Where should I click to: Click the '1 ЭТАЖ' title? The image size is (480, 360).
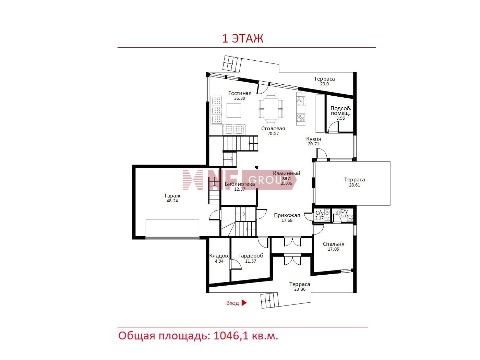242,38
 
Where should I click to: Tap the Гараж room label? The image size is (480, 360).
172,196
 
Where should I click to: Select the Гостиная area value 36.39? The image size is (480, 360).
240,98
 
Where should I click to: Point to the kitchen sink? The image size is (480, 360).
300,101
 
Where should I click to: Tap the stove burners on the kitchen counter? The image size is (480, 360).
300,118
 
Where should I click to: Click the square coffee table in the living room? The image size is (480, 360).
234,110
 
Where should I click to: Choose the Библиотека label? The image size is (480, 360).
240,184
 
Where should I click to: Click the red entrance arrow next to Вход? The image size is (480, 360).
244,303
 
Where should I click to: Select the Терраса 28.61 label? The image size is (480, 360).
355,182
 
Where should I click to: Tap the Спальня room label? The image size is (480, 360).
334,244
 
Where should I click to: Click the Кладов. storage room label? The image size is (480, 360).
219,256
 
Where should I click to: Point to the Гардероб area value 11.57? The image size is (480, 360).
251,261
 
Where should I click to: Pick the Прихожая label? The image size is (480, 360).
287,215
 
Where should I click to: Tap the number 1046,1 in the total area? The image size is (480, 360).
231,336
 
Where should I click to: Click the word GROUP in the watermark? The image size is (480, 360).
265,180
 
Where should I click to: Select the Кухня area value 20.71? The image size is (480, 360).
314,144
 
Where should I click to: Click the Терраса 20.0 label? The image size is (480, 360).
324,81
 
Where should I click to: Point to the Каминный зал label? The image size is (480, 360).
287,176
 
